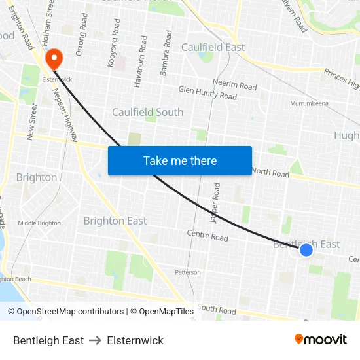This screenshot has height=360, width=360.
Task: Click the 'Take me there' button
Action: [180, 160]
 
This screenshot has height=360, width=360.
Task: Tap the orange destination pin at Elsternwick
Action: [52, 60]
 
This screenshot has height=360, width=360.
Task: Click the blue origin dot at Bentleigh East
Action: [306, 249]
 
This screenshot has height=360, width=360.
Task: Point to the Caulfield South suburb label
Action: [147, 112]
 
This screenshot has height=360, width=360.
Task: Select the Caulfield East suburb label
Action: [213, 47]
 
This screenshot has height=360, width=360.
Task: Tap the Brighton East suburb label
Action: [115, 221]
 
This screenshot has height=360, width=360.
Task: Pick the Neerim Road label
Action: [234, 85]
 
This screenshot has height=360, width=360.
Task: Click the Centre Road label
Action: [207, 235]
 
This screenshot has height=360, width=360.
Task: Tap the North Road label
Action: [270, 173]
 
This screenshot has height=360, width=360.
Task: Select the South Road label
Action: [217, 308]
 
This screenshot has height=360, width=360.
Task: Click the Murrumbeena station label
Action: [309, 103]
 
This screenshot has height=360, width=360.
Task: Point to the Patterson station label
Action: [187, 272]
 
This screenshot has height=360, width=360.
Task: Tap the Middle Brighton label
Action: [39, 223]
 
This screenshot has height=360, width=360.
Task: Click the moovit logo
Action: [320, 340]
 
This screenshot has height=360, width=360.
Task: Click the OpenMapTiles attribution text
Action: [162, 312]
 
